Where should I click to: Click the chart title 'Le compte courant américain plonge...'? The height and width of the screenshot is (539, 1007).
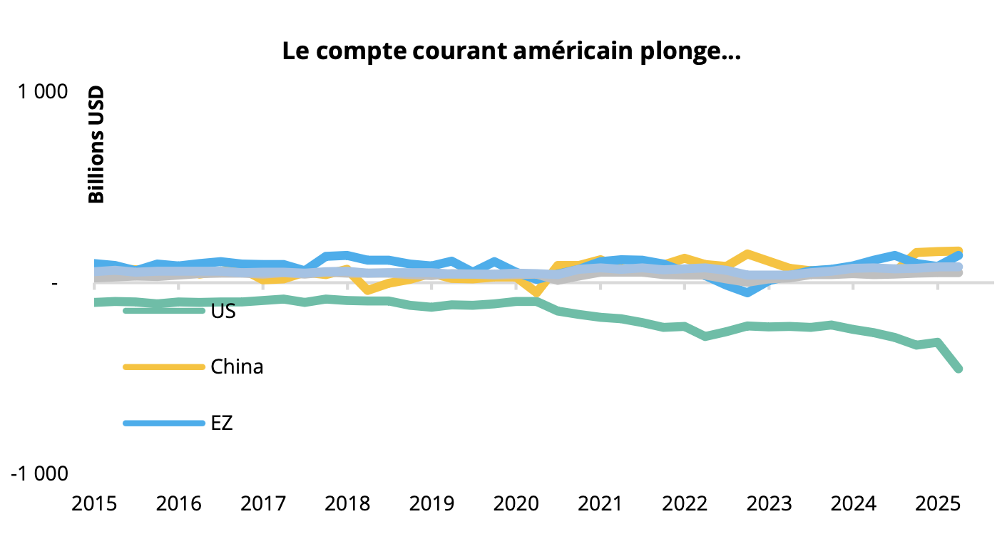click(511, 52)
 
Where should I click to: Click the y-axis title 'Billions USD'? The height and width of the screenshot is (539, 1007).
click(96, 145)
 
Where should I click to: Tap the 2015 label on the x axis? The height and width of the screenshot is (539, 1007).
click(94, 505)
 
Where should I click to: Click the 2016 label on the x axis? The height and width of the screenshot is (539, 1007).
click(178, 505)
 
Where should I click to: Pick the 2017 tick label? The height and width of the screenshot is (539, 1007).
click(262, 505)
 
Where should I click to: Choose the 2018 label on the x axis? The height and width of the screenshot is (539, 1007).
click(347, 505)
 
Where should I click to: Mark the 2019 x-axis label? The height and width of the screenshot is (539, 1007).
click(431, 505)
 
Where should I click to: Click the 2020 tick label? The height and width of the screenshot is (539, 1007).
click(515, 505)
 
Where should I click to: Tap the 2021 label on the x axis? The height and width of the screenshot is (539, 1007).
click(599, 505)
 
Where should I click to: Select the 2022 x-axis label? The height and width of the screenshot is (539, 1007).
click(683, 505)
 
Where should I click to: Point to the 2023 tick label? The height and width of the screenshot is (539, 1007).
click(767, 505)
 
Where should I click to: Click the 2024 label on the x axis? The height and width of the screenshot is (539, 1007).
click(852, 505)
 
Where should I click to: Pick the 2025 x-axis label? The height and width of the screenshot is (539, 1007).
click(936, 505)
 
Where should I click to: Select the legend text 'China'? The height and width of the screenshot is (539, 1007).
click(237, 367)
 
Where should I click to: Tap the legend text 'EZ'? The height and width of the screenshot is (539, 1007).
click(222, 423)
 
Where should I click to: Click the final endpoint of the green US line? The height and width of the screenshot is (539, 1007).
click(959, 369)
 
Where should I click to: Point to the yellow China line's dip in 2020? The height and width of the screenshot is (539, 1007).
click(536, 293)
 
